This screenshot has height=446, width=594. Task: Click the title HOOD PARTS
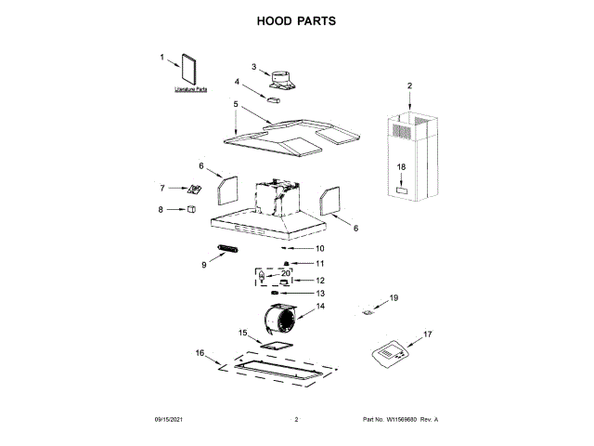tap(296, 20)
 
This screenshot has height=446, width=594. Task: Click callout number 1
tap(161, 58)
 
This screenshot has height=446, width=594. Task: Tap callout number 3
tap(254, 66)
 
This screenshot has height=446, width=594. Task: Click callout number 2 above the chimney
tap(409, 85)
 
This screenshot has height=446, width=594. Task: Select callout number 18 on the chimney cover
tap(402, 165)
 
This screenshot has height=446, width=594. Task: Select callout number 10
tap(319, 248)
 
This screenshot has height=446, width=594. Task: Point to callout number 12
tap(320, 280)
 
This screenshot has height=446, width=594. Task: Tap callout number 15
tap(244, 333)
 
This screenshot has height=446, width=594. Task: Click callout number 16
tap(199, 353)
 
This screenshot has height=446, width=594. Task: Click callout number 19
tap(393, 298)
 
